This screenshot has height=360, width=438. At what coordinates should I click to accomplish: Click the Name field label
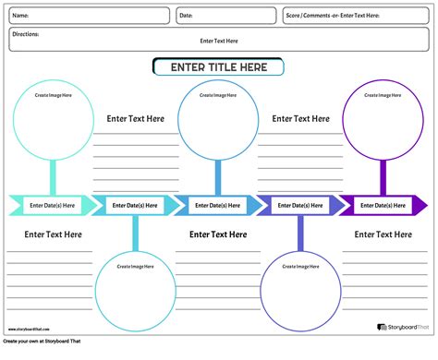click(19, 16)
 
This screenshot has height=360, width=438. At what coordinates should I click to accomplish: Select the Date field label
click(186, 16)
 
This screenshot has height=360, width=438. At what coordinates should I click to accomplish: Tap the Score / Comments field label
click(332, 16)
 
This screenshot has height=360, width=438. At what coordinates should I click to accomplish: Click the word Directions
click(26, 34)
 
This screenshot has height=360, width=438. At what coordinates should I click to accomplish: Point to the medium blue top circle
click(218, 121)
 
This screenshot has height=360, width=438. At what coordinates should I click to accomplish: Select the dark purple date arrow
click(383, 205)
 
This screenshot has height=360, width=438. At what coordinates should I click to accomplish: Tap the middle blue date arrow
click(218, 205)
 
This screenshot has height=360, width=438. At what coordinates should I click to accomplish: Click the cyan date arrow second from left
click(135, 205)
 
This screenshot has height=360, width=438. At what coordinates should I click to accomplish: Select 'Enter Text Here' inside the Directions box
click(219, 42)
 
